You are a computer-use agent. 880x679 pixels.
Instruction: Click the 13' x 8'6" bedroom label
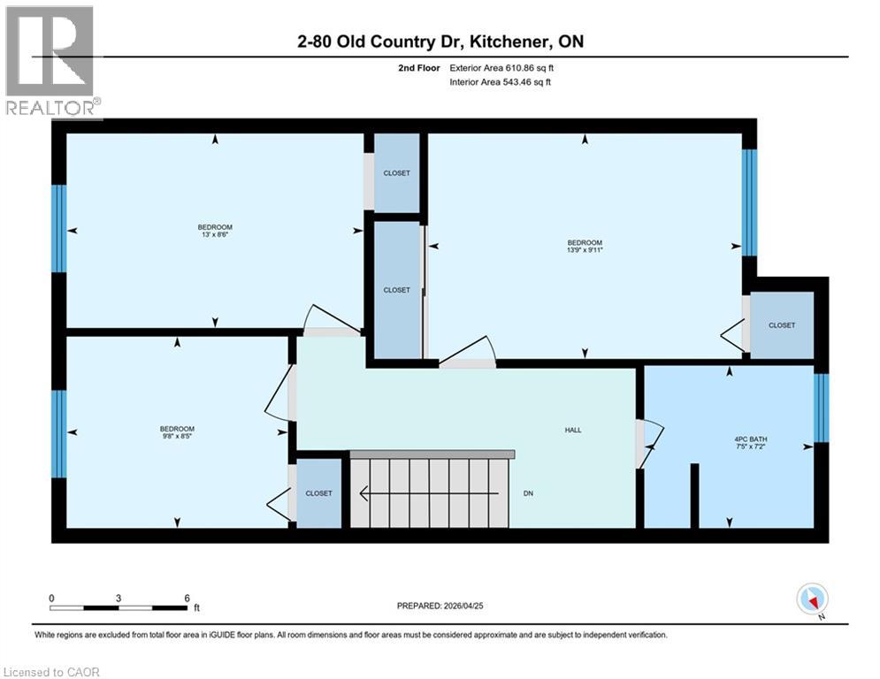click(x=215, y=232)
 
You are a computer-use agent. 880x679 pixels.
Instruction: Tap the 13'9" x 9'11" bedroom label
click(x=585, y=247)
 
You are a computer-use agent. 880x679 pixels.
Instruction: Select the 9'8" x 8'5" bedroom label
click(x=177, y=432)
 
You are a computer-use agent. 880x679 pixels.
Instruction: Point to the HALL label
click(x=573, y=430)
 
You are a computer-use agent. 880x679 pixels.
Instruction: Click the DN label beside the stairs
click(x=528, y=493)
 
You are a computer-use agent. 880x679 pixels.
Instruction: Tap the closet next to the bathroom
click(x=781, y=325)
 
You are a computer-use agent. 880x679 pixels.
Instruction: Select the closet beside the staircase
click(x=318, y=493)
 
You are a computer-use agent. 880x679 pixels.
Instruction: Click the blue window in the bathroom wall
click(x=821, y=408)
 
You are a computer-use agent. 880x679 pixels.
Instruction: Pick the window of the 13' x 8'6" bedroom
click(x=58, y=228)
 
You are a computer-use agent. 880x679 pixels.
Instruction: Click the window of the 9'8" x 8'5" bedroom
click(x=58, y=433)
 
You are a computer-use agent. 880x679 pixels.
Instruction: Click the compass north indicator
click(x=811, y=599)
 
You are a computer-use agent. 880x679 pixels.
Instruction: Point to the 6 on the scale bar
click(x=187, y=598)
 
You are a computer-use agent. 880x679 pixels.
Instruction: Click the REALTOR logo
click(x=51, y=62)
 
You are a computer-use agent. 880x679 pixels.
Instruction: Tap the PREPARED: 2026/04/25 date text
click(x=455, y=606)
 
